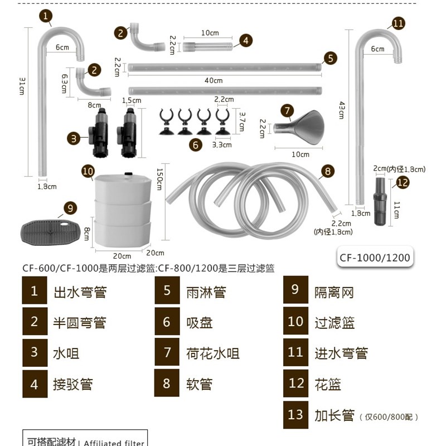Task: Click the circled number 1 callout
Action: tap(45, 16)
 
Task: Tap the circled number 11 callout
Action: tap(398, 23)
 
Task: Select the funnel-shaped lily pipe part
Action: tap(300, 127)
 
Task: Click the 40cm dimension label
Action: tap(213, 81)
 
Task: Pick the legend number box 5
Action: tap(167, 292)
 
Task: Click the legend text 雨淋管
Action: tap(206, 292)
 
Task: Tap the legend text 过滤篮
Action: tap(334, 323)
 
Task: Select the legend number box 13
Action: tap(295, 415)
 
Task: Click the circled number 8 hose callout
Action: tap(327, 171)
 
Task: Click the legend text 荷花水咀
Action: tap(213, 353)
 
